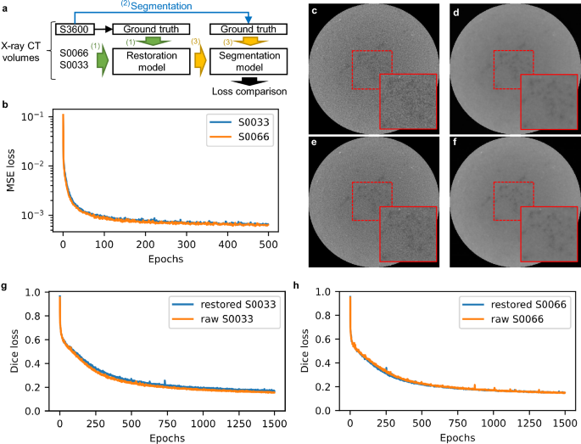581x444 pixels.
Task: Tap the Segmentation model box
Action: (x=247, y=62)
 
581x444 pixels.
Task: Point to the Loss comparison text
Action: (x=248, y=91)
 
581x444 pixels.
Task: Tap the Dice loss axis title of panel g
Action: (x=12, y=351)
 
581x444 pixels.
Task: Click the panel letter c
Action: (x=315, y=12)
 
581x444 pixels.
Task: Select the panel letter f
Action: (x=458, y=144)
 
